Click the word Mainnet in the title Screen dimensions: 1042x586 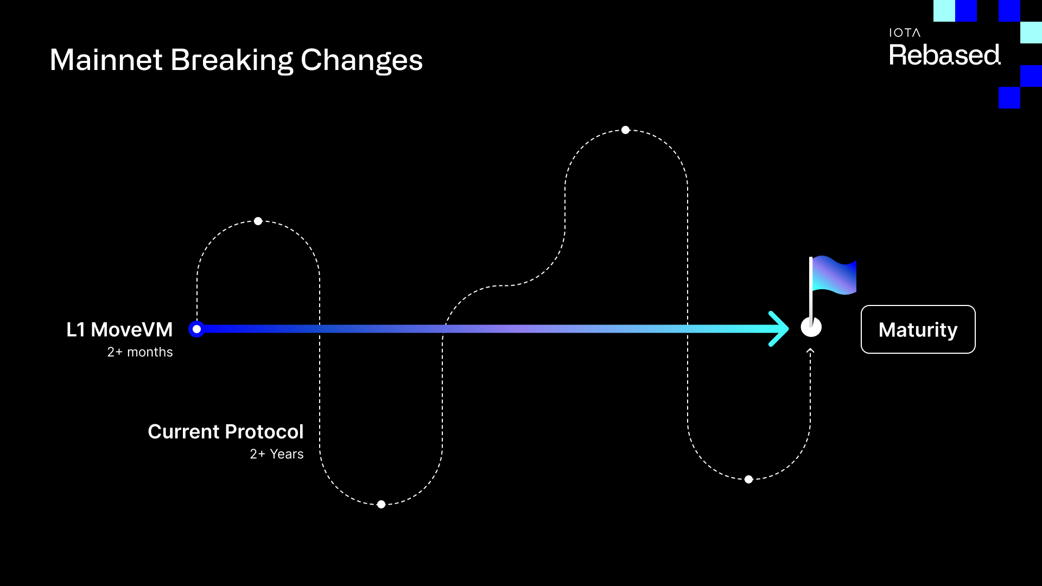coord(106,60)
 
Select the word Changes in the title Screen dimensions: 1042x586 coord(361,61)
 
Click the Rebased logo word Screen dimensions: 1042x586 coord(944,55)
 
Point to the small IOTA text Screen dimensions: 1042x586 coord(904,33)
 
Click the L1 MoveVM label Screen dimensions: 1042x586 coord(119,329)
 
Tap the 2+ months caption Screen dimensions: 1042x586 coord(140,352)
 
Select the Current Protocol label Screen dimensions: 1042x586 coord(225,432)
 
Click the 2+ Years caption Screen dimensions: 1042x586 coord(276,454)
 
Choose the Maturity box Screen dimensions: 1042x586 coord(918,329)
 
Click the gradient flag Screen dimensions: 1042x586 coord(835,275)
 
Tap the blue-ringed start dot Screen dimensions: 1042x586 coord(196,329)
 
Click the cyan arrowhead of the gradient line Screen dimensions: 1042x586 coord(779,329)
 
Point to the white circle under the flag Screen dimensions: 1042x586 coord(811,328)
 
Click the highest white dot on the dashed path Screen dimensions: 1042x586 coord(625,130)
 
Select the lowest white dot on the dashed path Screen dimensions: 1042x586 coord(381,505)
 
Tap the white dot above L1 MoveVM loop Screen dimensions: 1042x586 coord(258,221)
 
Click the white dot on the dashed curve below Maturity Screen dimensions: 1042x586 coord(748,480)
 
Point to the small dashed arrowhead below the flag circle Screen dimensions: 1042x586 coord(810,352)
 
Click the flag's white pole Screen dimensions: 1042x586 coord(811,288)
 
